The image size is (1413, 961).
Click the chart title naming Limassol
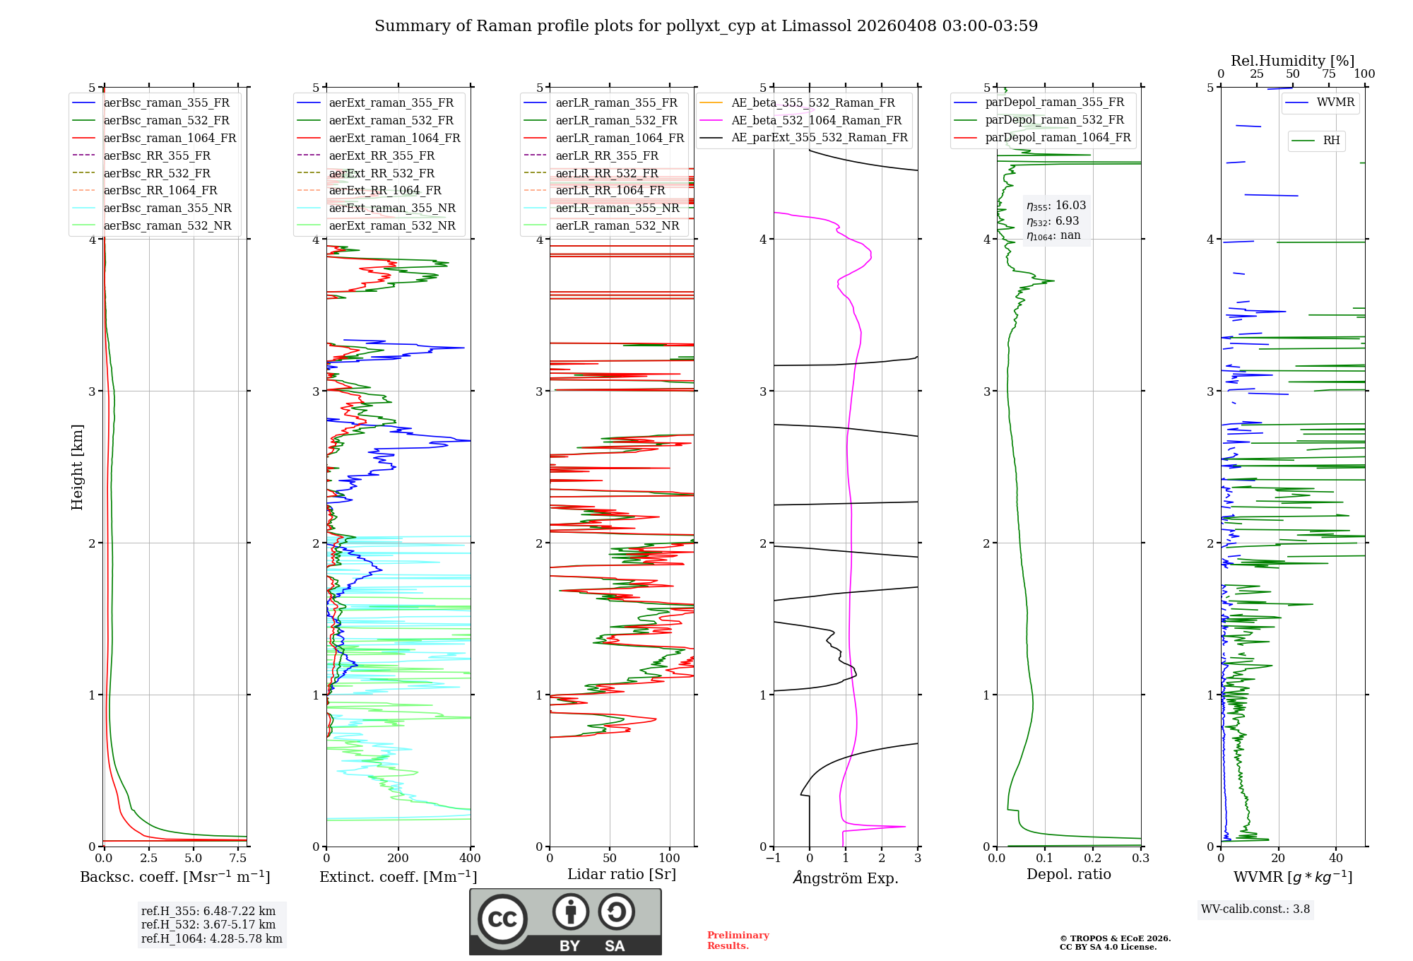(x=706, y=26)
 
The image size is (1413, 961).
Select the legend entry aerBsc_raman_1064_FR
(x=170, y=138)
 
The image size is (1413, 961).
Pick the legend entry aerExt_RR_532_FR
(x=382, y=173)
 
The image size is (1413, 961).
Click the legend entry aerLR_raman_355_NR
(x=617, y=208)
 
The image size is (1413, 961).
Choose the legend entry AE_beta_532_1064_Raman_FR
(x=816, y=120)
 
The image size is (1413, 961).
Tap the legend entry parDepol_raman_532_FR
(x=1054, y=120)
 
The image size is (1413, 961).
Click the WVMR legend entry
(x=1335, y=102)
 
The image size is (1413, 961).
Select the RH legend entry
(x=1331, y=141)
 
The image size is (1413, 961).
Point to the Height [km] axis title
(x=77, y=467)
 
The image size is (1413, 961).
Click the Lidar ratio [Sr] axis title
(x=622, y=874)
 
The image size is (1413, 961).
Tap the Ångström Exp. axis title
(x=846, y=878)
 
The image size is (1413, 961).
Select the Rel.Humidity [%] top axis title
(x=1292, y=61)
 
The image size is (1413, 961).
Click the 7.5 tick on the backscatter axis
(x=238, y=859)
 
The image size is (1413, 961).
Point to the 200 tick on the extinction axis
(x=398, y=859)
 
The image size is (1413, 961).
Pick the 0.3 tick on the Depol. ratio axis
(x=1140, y=859)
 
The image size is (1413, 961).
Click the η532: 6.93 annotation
(x=1053, y=221)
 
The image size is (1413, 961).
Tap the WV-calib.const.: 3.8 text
(x=1255, y=909)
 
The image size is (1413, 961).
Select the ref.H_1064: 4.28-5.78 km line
(x=211, y=939)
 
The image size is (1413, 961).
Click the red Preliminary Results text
(x=738, y=941)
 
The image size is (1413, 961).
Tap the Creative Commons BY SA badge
(x=565, y=921)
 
